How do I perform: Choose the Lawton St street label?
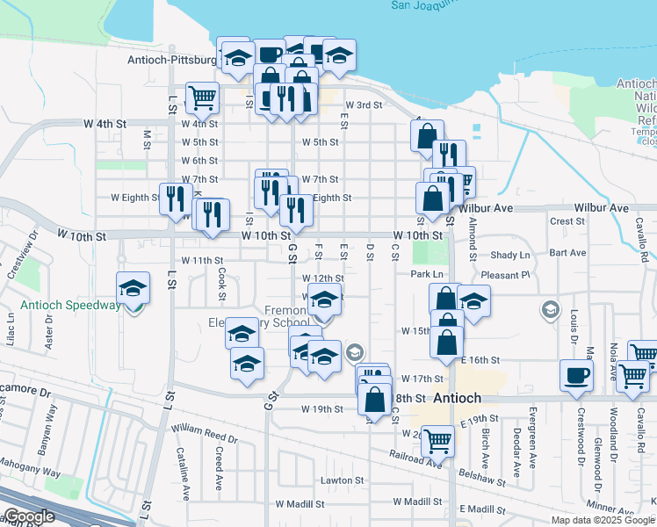[342, 480]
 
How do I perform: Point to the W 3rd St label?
[365, 105]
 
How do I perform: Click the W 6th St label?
[199, 161]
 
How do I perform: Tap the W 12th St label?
[322, 278]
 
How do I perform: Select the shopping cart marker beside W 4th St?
[202, 97]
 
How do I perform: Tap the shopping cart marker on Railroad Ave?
[437, 441]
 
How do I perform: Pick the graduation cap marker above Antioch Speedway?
[134, 288]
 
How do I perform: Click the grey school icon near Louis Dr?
[550, 309]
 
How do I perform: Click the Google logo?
[29, 517]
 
